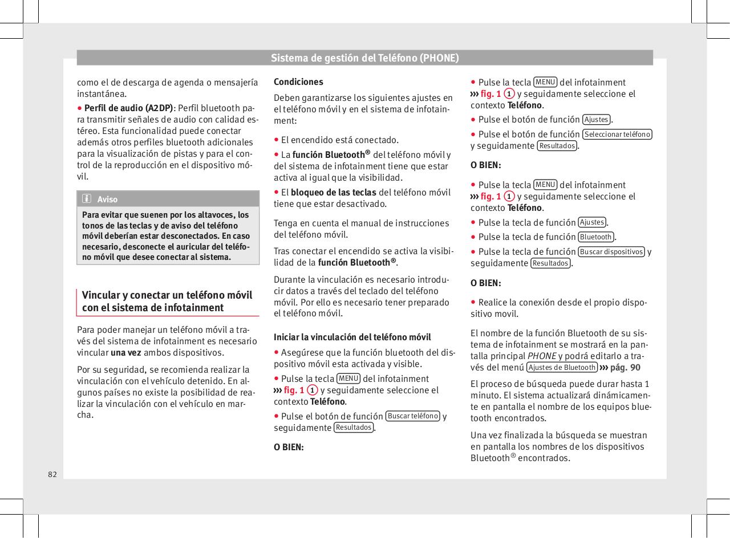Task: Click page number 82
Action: point(52,474)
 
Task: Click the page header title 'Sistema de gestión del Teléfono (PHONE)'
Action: point(364,58)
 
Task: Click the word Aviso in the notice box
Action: point(107,199)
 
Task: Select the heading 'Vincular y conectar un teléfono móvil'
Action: point(167,295)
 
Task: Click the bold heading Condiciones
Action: point(298,81)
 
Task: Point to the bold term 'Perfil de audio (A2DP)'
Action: point(128,108)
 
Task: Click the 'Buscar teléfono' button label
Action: point(413,416)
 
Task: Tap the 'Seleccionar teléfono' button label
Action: point(617,134)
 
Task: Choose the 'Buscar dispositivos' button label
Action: point(611,252)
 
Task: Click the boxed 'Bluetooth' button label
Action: point(596,237)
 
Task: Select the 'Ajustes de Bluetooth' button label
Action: point(562,367)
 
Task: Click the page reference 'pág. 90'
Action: point(625,367)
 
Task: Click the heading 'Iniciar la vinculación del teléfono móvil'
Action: point(352,337)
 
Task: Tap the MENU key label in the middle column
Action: point(348,378)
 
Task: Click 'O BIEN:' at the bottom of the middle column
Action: point(289,447)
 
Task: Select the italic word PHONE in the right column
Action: point(541,356)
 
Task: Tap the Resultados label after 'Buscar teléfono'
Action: point(354,427)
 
